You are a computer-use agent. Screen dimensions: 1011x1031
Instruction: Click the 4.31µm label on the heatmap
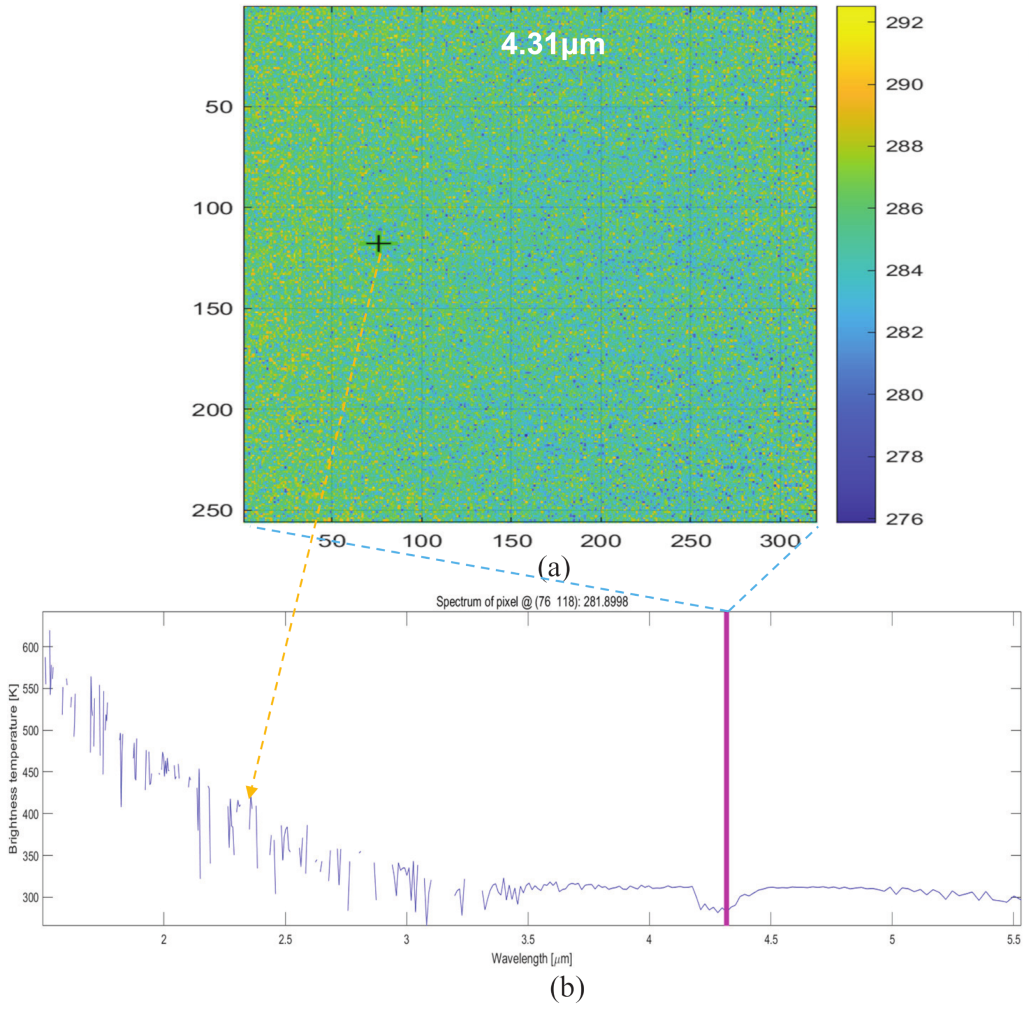pyautogui.click(x=552, y=44)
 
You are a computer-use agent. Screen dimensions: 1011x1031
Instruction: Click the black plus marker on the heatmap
pyautogui.click(x=378, y=244)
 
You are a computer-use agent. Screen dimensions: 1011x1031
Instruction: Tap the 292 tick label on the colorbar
pyautogui.click(x=904, y=23)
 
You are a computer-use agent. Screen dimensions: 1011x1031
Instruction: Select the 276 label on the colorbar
pyautogui.click(x=904, y=519)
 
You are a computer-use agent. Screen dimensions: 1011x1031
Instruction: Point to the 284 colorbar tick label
pyautogui.click(x=904, y=270)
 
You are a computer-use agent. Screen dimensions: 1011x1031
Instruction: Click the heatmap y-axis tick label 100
pyautogui.click(x=213, y=208)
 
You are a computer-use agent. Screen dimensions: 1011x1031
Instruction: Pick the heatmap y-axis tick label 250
pyautogui.click(x=213, y=511)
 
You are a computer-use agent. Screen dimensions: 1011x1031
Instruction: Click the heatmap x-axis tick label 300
pyautogui.click(x=779, y=541)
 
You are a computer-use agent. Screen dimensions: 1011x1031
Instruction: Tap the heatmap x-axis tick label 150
pyautogui.click(x=512, y=541)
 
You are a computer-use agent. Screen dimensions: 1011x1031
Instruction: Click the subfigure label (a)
pyautogui.click(x=553, y=567)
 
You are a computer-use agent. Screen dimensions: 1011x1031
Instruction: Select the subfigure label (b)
pyautogui.click(x=566, y=988)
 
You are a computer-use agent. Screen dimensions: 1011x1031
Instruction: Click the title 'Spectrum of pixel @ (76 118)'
pyautogui.click(x=531, y=602)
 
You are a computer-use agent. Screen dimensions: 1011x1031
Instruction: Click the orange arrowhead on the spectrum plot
pyautogui.click(x=252, y=792)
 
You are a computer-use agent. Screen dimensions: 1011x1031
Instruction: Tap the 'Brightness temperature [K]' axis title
pyautogui.click(x=13, y=768)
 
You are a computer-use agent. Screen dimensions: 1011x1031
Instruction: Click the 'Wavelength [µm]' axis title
pyautogui.click(x=531, y=958)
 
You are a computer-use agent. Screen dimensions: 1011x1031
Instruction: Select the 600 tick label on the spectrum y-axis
pyautogui.click(x=30, y=648)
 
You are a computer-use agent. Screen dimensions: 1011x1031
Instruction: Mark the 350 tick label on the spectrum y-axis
pyautogui.click(x=30, y=856)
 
